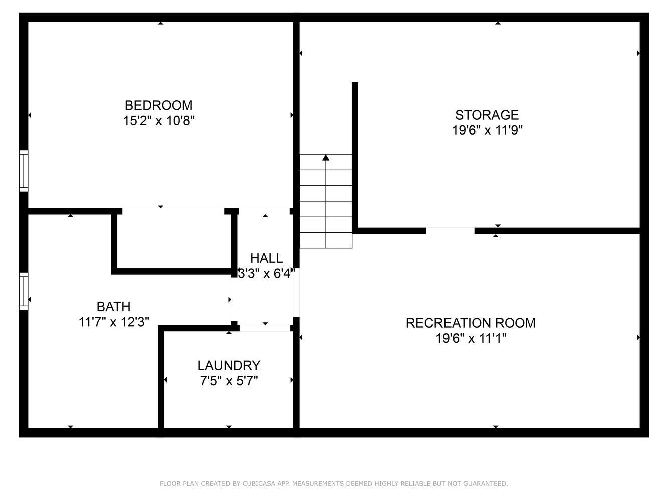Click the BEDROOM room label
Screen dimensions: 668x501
point(158,105)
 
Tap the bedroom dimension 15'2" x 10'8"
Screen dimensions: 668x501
point(158,121)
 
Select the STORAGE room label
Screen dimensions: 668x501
point(487,115)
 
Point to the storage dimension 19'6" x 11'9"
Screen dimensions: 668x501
point(487,130)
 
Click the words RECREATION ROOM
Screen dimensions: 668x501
point(471,323)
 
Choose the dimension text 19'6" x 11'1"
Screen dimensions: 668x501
point(471,338)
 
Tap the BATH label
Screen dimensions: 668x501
point(114,306)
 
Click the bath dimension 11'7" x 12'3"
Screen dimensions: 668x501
point(114,322)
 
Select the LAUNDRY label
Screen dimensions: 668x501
point(229,365)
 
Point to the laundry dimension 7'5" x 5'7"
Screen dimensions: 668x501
point(229,381)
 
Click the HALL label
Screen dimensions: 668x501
point(266,258)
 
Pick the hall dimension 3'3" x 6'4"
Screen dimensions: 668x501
point(266,274)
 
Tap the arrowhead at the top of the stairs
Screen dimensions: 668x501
point(326,158)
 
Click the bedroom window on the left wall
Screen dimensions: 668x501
point(24,171)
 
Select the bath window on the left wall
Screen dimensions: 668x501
point(24,291)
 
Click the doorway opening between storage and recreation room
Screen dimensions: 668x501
point(450,231)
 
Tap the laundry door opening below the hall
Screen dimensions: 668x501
point(265,328)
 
